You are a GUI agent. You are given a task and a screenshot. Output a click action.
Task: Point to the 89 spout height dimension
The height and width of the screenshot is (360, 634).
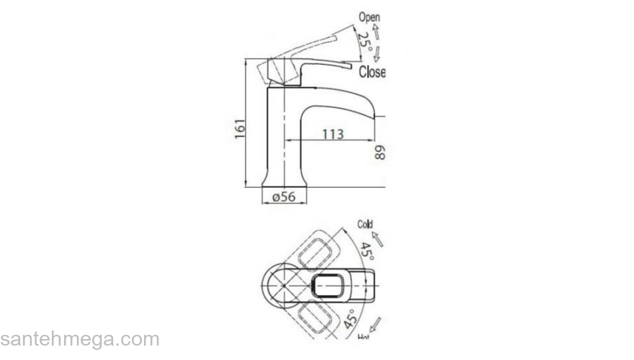pos(380,152)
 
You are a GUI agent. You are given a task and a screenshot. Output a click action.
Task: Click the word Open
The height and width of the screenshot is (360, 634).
pos(369,17)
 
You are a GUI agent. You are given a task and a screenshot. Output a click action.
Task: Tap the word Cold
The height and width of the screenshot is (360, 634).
pos(365,225)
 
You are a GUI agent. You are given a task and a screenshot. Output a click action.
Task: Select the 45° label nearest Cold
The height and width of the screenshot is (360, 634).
pos(367,251)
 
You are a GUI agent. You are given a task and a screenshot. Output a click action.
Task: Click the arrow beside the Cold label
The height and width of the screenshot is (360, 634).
pos(377,238)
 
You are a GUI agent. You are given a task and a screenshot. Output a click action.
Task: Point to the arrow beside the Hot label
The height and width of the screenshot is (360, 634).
pos(375,323)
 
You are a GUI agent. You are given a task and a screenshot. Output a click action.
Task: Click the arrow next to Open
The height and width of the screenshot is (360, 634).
pos(376,30)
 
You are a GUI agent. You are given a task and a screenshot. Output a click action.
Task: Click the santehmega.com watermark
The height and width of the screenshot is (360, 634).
pos(79,339)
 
